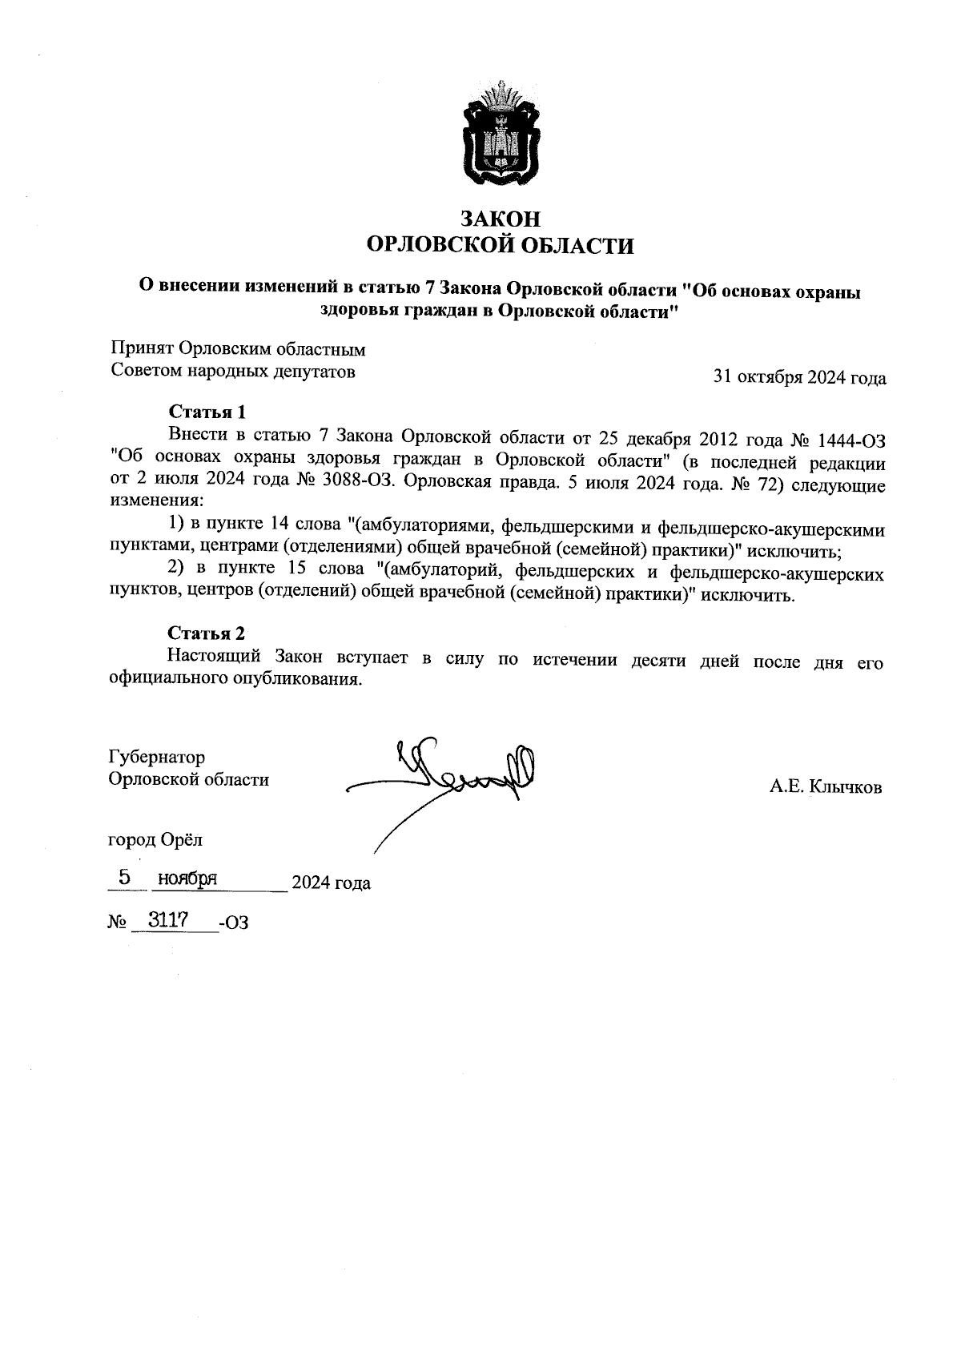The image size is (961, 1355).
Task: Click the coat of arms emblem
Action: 500,133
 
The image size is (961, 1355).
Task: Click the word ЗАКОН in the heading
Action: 500,219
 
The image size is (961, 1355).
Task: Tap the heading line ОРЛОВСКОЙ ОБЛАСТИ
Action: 500,245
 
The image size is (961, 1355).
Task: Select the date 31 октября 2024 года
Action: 799,378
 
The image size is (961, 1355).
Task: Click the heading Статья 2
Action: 206,633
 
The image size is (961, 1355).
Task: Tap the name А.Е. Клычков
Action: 826,787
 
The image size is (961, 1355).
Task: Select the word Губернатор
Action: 156,757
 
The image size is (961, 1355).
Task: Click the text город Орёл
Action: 155,840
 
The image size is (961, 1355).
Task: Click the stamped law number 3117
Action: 167,920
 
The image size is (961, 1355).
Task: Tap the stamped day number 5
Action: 124,878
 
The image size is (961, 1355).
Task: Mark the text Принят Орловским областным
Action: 237,349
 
